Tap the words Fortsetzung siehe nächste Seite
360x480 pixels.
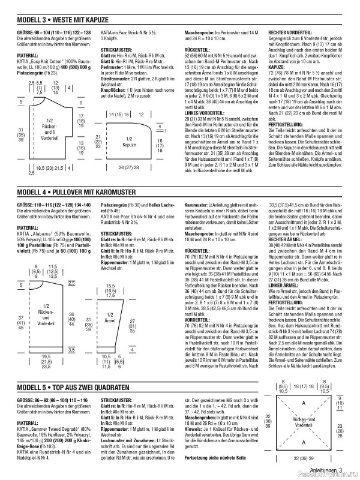(x=215, y=459)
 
